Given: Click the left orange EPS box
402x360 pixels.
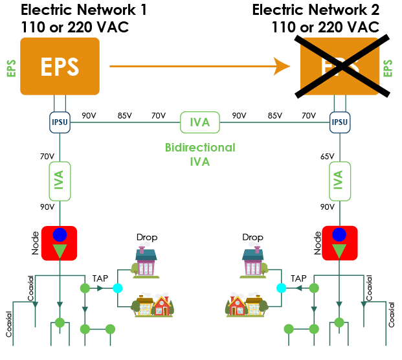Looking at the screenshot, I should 60,66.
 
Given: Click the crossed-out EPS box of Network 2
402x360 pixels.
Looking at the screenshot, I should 340,66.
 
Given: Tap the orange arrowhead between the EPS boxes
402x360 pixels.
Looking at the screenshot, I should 282,65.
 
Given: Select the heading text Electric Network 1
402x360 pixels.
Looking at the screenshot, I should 84,10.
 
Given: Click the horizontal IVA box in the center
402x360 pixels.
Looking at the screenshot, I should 199,121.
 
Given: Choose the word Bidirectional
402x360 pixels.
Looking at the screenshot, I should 199,148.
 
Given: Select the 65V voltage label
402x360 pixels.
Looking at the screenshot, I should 327,156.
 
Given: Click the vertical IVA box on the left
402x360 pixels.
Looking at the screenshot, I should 60,181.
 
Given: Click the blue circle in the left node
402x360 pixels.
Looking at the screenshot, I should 60,234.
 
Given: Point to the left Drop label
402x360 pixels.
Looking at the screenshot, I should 146,238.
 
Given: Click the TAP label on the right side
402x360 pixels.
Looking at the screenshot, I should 298,278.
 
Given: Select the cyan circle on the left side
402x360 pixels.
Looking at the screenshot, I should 117,288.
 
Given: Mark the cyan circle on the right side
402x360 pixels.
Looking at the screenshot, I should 282,288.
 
